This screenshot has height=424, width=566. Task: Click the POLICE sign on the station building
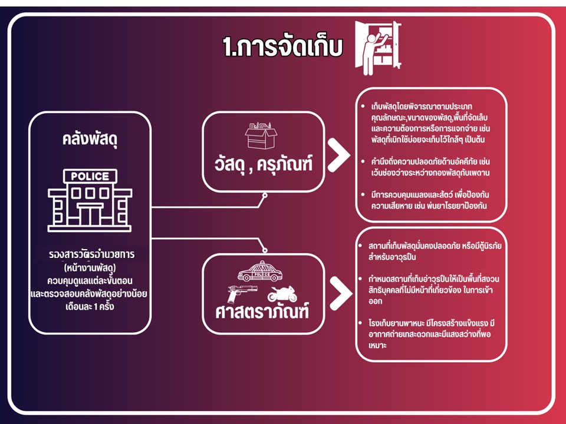[90, 176]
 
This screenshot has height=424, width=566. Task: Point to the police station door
[90, 216]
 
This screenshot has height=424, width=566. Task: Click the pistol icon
[242, 293]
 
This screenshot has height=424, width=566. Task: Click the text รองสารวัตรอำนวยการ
[92, 254]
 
